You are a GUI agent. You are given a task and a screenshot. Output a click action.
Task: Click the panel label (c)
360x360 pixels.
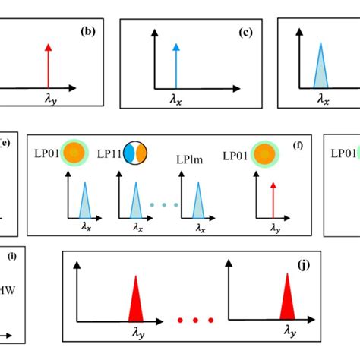pyautogui.click(x=245, y=33)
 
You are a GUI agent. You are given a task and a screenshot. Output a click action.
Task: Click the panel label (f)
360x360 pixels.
pyautogui.click(x=298, y=144)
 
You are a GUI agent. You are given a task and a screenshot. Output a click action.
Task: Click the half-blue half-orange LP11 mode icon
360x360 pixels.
pyautogui.click(x=136, y=152)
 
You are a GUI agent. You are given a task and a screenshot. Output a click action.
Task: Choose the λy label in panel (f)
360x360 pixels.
pyautogui.click(x=276, y=226)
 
